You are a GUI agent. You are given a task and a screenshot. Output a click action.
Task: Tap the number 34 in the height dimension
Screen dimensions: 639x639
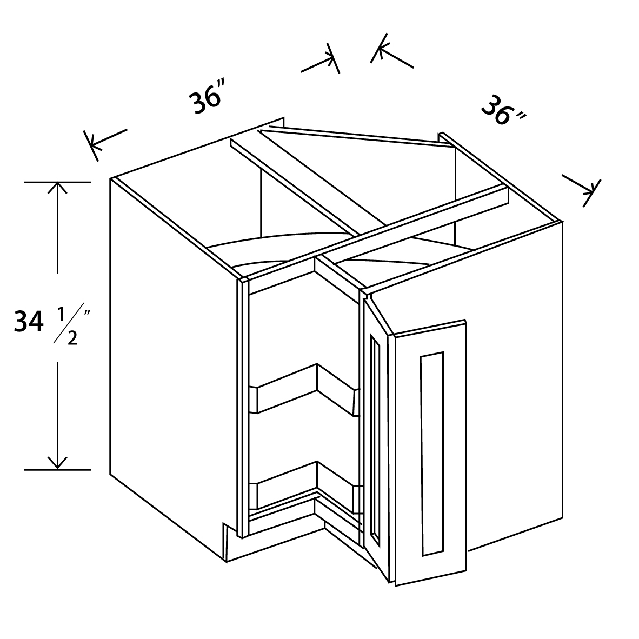[x=29, y=322]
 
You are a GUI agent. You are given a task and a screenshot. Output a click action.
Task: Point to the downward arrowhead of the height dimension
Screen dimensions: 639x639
[x=57, y=462]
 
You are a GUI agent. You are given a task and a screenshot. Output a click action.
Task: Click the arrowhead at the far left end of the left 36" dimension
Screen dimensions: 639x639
[x=94, y=144]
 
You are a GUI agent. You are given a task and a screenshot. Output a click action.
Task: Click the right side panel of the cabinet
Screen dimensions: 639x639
[x=516, y=387]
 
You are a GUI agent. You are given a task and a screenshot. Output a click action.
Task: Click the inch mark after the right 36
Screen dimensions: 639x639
[x=521, y=117]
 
